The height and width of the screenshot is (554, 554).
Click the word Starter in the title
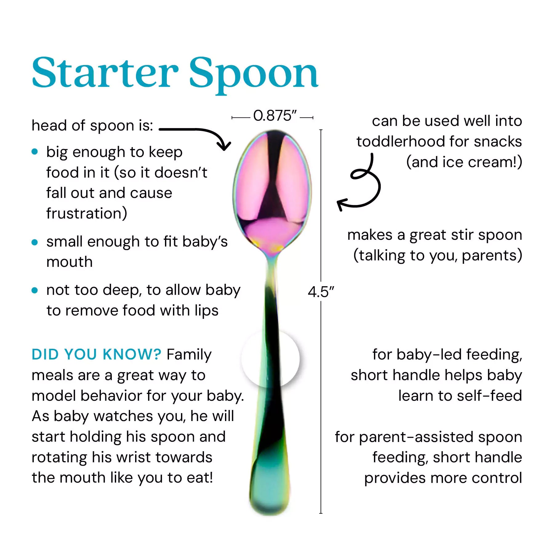[x=105, y=73]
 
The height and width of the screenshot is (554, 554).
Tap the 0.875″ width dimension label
[x=275, y=116]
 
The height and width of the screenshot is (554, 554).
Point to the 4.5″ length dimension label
[x=321, y=291]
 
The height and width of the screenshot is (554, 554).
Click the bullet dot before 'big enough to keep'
[x=35, y=152]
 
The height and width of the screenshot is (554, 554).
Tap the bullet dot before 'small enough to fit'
[x=35, y=242]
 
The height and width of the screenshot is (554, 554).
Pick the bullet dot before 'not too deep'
[x=35, y=290]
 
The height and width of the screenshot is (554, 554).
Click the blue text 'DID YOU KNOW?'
[x=96, y=354]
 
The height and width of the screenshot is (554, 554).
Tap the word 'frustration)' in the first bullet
[x=87, y=213]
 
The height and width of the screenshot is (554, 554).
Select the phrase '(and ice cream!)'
[x=464, y=162]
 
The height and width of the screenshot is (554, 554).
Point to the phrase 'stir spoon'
[x=487, y=235]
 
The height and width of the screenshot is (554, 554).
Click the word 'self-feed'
[x=488, y=395]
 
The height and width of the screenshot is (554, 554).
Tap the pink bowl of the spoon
[x=272, y=191]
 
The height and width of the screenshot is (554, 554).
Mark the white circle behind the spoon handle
[x=270, y=359]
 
